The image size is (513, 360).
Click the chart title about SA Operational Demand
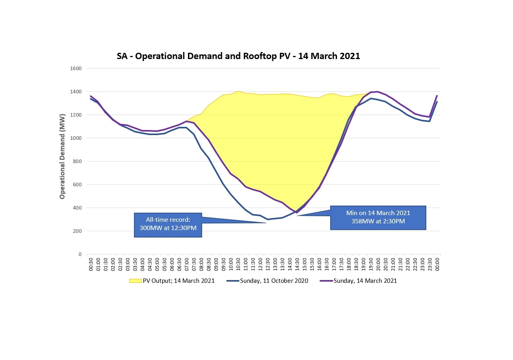(x=238, y=56)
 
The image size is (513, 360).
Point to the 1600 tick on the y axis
(x=75, y=69)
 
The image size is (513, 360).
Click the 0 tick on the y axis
(x=80, y=254)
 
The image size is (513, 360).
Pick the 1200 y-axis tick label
(x=75, y=115)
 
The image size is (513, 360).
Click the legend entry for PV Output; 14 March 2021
(x=172, y=281)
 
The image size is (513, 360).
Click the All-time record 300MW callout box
(x=168, y=225)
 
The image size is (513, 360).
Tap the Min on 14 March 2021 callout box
(x=378, y=217)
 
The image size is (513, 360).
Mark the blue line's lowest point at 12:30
(x=268, y=219)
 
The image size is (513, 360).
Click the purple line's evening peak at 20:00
(x=378, y=92)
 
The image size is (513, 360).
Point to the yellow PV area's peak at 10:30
(x=238, y=91)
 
